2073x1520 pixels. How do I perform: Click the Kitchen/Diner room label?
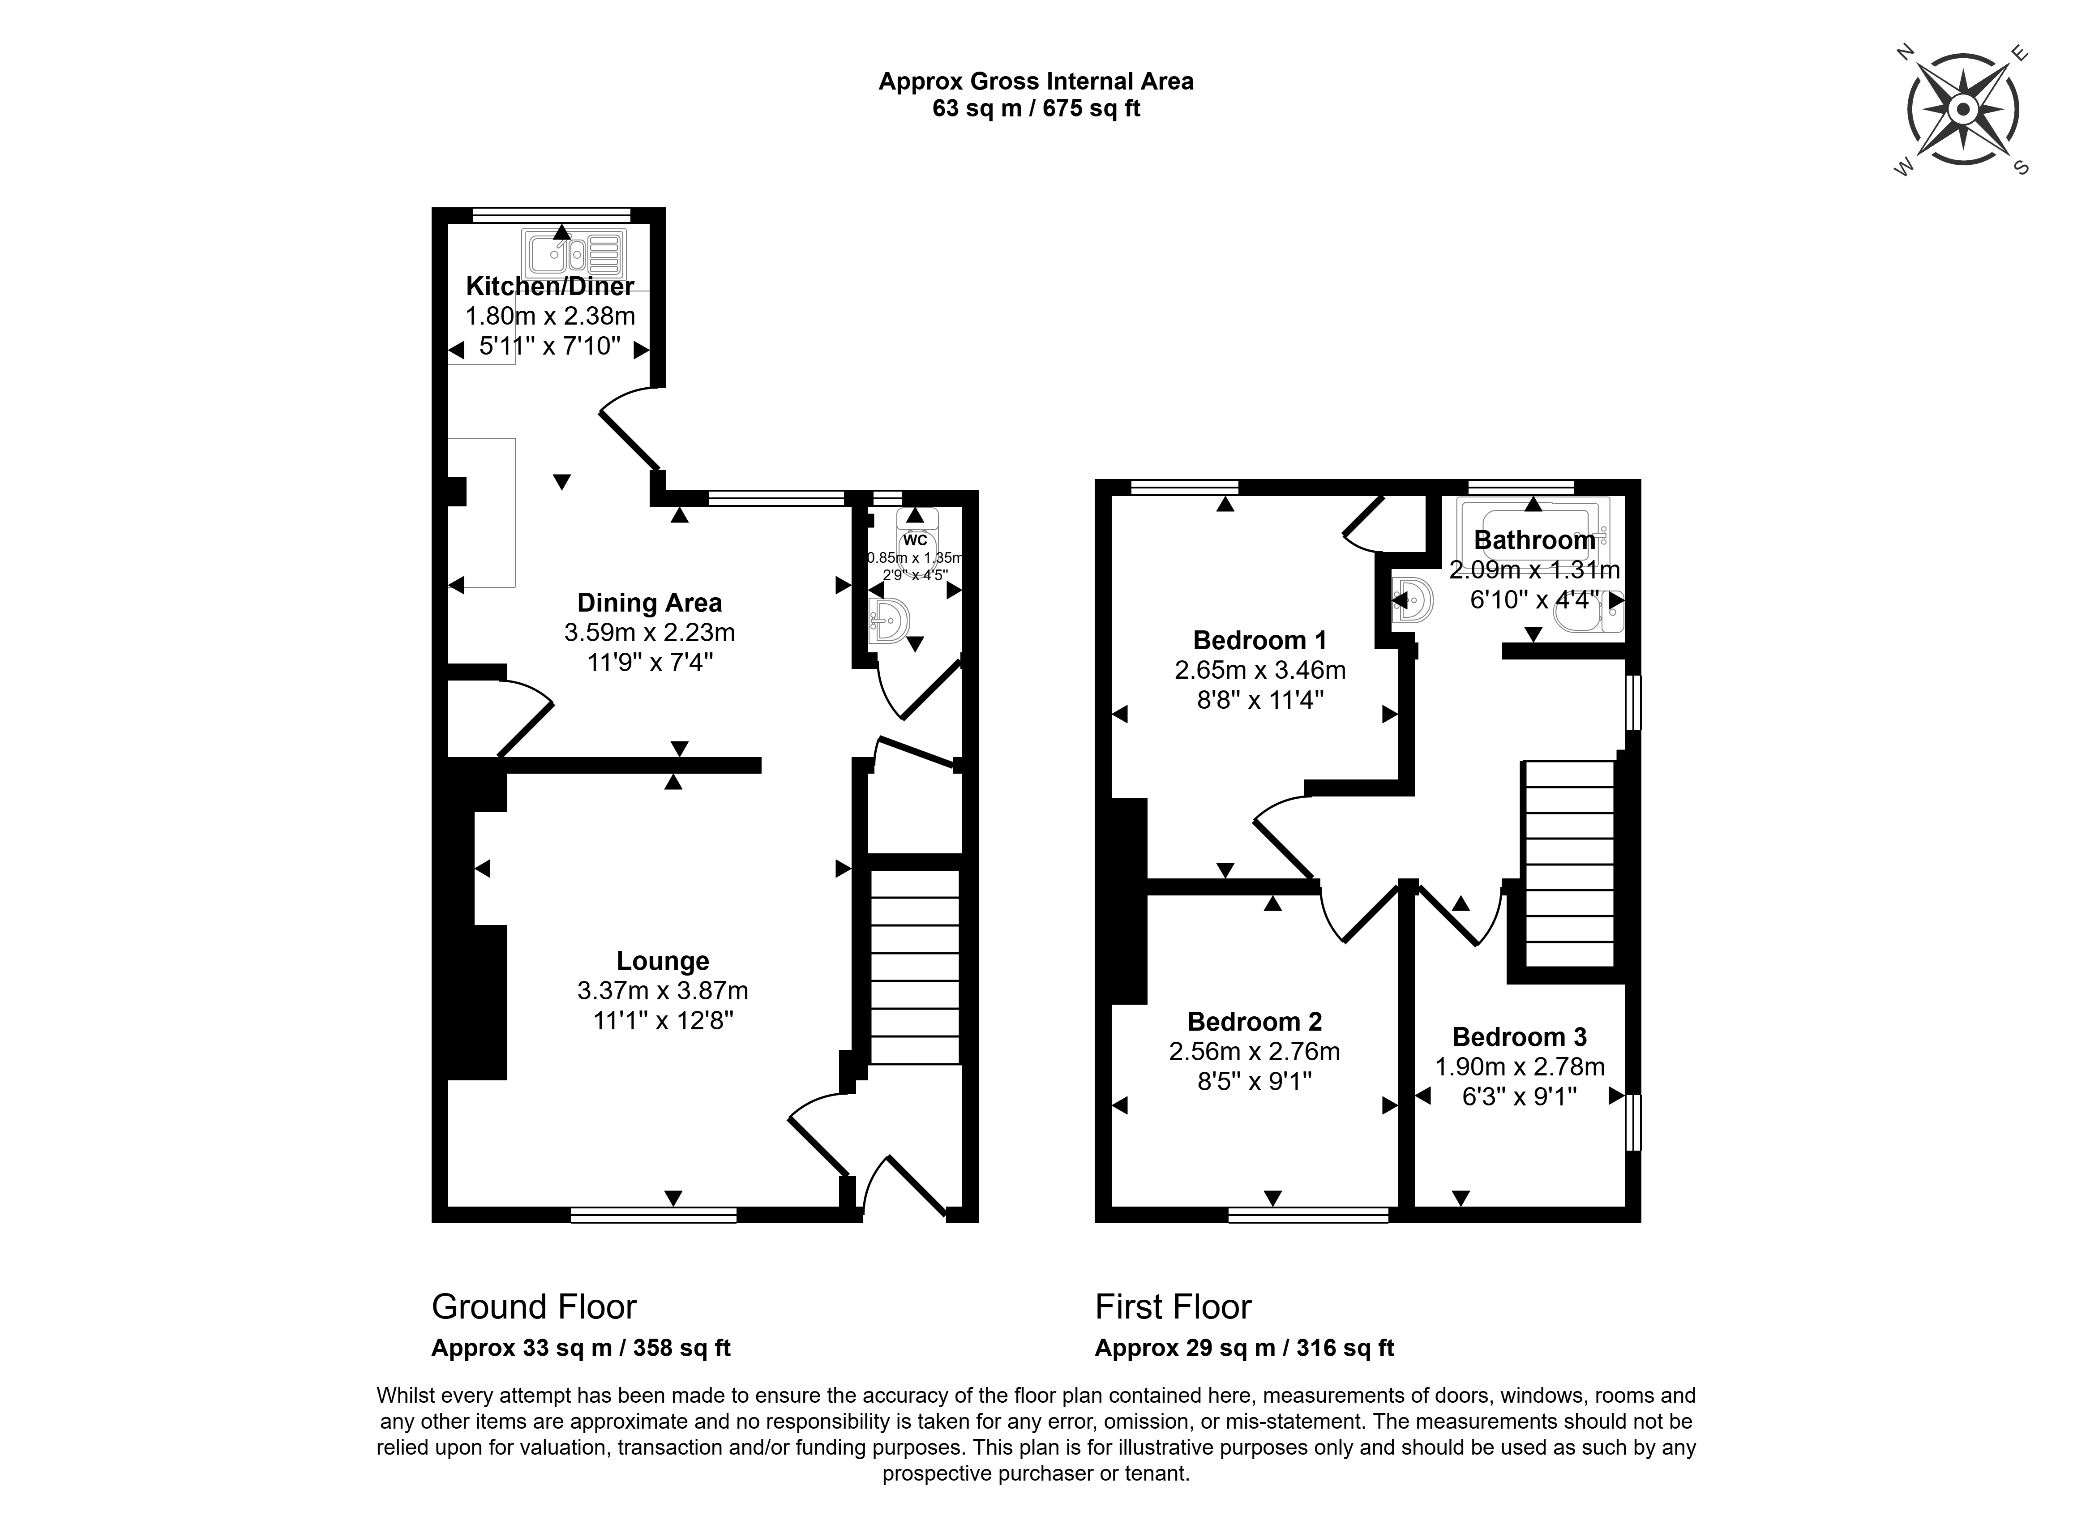[x=549, y=286]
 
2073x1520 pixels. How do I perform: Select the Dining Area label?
[x=650, y=603]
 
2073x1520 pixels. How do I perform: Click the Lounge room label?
[x=663, y=961]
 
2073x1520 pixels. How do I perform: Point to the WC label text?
[x=916, y=540]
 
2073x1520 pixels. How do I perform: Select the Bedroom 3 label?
[x=1520, y=1037]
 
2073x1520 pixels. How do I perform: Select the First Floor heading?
[x=1173, y=1306]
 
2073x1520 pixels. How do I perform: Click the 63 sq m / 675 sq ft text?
[x=1036, y=108]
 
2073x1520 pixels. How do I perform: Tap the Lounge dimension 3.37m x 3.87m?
[x=663, y=991]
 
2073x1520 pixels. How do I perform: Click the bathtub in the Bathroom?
[x=1533, y=531]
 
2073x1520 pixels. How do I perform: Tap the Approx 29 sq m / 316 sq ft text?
[x=1244, y=1348]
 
